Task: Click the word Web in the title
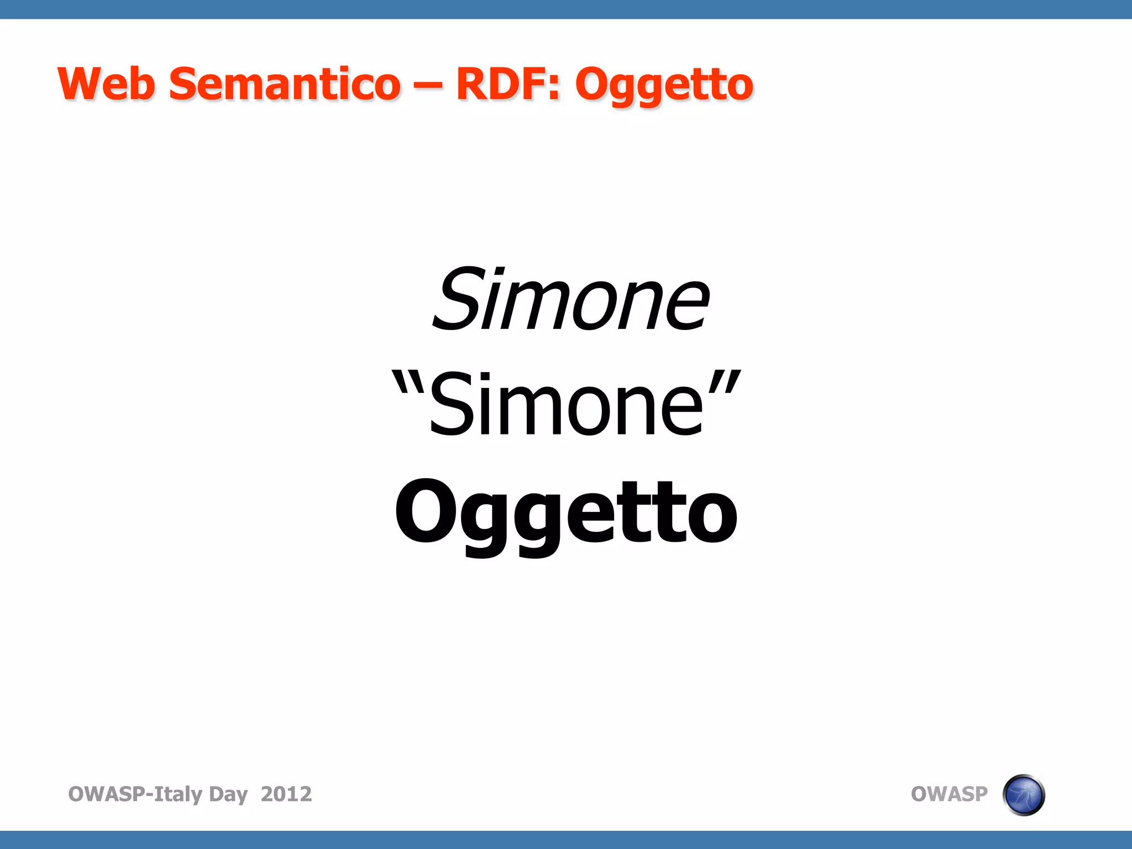click(106, 84)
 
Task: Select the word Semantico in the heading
click(284, 84)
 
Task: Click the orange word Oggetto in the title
click(664, 86)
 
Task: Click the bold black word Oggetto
click(566, 514)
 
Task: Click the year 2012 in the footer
click(286, 794)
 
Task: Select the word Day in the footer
click(228, 795)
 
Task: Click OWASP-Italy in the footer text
click(135, 794)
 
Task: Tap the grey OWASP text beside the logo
click(948, 794)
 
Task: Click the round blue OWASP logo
click(1023, 795)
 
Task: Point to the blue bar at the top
click(566, 9)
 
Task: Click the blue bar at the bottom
click(566, 840)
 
